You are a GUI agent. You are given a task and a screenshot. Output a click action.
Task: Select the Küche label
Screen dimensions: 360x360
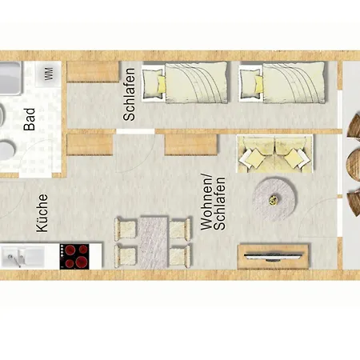(42, 214)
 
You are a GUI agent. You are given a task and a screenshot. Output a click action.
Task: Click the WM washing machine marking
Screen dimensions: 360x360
(48, 74)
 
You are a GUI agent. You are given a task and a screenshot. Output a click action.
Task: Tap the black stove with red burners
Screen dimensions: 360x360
(76, 256)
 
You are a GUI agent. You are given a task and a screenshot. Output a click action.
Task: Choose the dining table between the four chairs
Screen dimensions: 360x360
(152, 242)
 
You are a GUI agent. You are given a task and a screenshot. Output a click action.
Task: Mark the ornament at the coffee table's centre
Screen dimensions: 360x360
(275, 198)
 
